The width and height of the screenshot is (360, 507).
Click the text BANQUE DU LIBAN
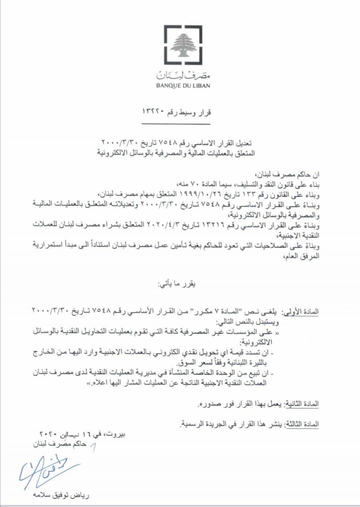click(x=183, y=86)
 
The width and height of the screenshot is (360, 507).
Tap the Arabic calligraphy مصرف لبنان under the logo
click(x=183, y=75)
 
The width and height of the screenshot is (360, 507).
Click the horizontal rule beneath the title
click(x=176, y=124)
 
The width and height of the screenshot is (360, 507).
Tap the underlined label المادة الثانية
click(x=301, y=404)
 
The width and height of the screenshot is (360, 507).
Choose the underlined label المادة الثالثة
click(x=301, y=424)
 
